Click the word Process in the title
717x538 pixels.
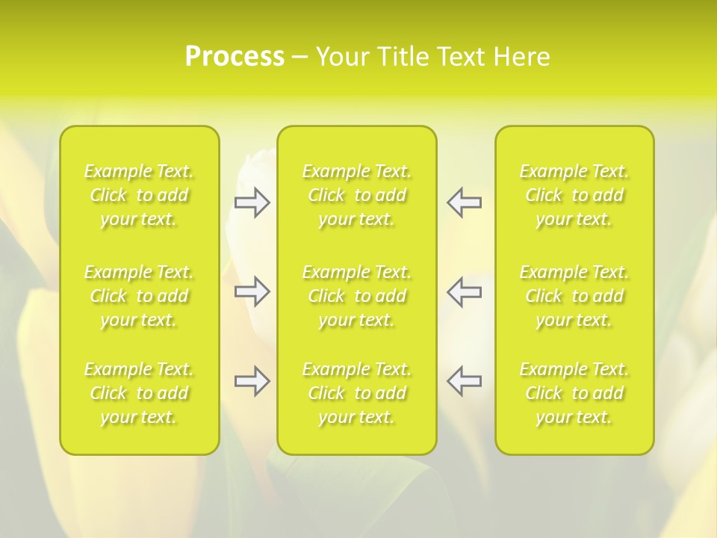click(x=235, y=57)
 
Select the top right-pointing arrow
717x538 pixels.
click(x=252, y=202)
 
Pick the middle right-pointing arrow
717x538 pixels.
click(x=252, y=291)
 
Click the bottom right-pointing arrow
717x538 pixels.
click(x=252, y=381)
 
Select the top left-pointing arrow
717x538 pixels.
click(x=465, y=202)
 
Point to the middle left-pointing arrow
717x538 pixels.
click(x=465, y=291)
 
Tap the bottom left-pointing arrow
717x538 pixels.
click(x=465, y=381)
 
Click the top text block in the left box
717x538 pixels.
click(x=139, y=195)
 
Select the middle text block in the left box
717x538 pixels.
click(x=139, y=296)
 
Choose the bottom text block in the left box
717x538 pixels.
click(x=139, y=393)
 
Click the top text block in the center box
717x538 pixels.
click(x=357, y=195)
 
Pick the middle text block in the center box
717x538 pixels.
click(x=357, y=296)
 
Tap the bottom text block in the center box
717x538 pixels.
click(x=357, y=393)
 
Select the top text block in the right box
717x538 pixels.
click(x=574, y=195)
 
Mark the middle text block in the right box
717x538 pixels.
click(x=574, y=296)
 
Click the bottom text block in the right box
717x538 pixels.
click(x=574, y=393)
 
